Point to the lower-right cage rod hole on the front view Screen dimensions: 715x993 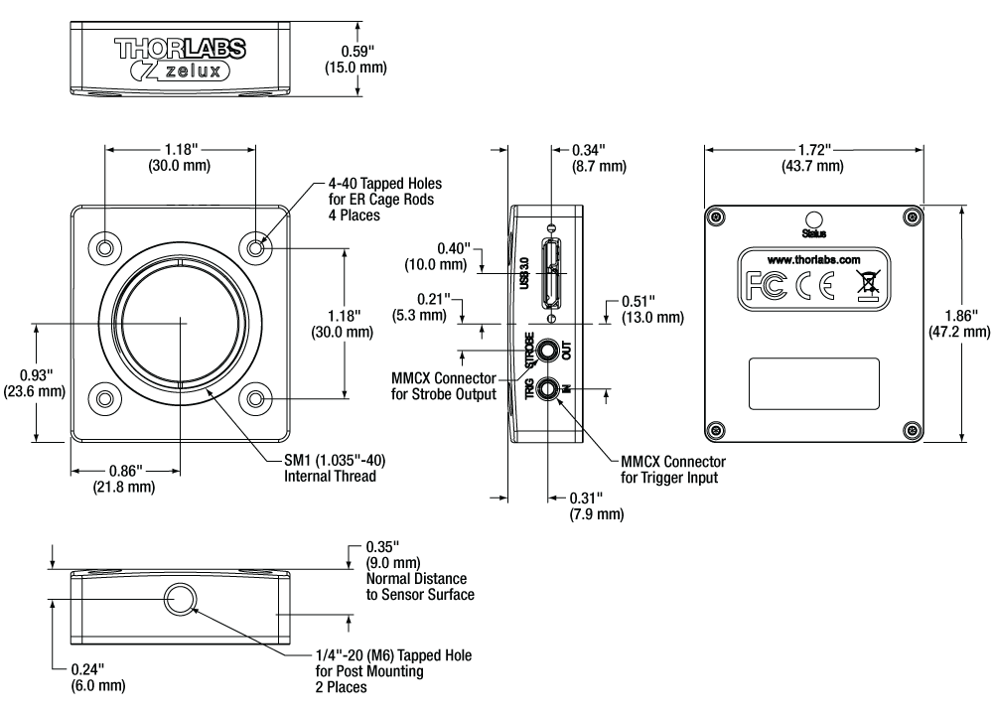coord(256,398)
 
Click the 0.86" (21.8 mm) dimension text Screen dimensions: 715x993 coord(123,478)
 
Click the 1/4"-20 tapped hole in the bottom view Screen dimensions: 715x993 coord(180,599)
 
